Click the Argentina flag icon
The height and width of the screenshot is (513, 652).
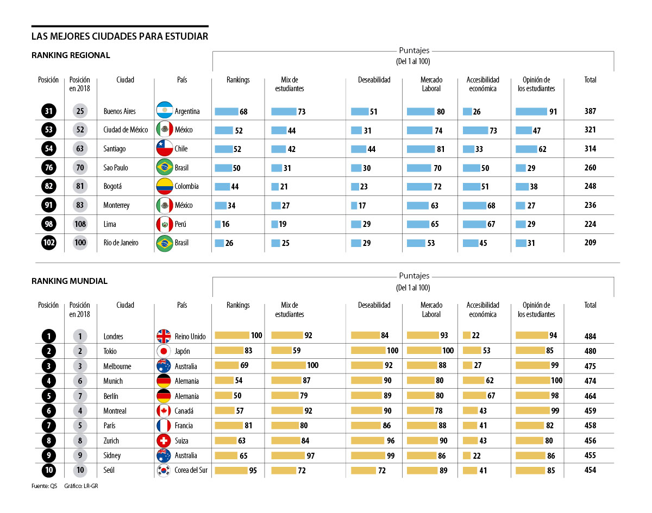coord(164,111)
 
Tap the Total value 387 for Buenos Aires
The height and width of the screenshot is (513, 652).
coord(590,111)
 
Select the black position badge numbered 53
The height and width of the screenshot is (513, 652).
coord(48,130)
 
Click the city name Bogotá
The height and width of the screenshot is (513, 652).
coord(112,186)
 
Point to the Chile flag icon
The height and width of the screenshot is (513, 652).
coord(164,148)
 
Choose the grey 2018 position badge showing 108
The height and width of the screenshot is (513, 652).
coord(80,224)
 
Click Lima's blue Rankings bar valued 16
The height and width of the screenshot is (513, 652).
coord(217,224)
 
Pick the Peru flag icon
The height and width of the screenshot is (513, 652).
coord(164,224)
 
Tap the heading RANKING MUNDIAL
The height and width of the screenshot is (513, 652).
coord(70,281)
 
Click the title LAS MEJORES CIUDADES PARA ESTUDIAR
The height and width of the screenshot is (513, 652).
coord(120,37)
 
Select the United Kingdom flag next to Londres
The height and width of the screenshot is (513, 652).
coord(164,336)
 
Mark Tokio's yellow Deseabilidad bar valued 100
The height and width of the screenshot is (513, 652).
coord(368,351)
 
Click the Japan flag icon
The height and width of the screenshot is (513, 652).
coord(164,351)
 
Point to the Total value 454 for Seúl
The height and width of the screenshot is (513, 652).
coord(590,470)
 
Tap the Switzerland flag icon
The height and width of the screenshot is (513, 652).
coord(164,440)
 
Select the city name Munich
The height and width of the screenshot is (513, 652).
coord(113,381)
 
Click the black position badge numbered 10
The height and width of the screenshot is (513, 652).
coord(48,470)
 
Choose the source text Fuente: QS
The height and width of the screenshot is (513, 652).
coord(44,486)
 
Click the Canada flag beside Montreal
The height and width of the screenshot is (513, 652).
coord(164,411)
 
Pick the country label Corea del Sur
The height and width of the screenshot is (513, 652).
coord(191,471)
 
